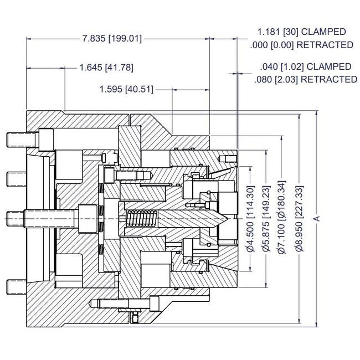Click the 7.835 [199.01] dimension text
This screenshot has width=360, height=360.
pyautogui.click(x=112, y=39)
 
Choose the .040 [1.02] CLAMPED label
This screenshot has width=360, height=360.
pyautogui.click(x=306, y=66)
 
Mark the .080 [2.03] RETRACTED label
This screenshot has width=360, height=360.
pyautogui.click(x=306, y=79)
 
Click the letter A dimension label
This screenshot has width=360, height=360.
pyautogui.click(x=317, y=219)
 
